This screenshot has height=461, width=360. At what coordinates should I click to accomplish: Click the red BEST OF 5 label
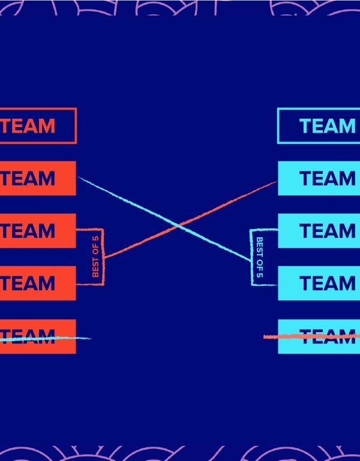[95, 257]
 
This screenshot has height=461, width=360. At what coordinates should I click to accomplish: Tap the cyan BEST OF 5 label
[260, 258]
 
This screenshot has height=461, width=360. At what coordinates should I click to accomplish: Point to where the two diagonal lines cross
[179, 225]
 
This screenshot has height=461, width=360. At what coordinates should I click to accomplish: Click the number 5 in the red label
[95, 240]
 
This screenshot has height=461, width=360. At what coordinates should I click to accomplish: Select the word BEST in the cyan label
[260, 246]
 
